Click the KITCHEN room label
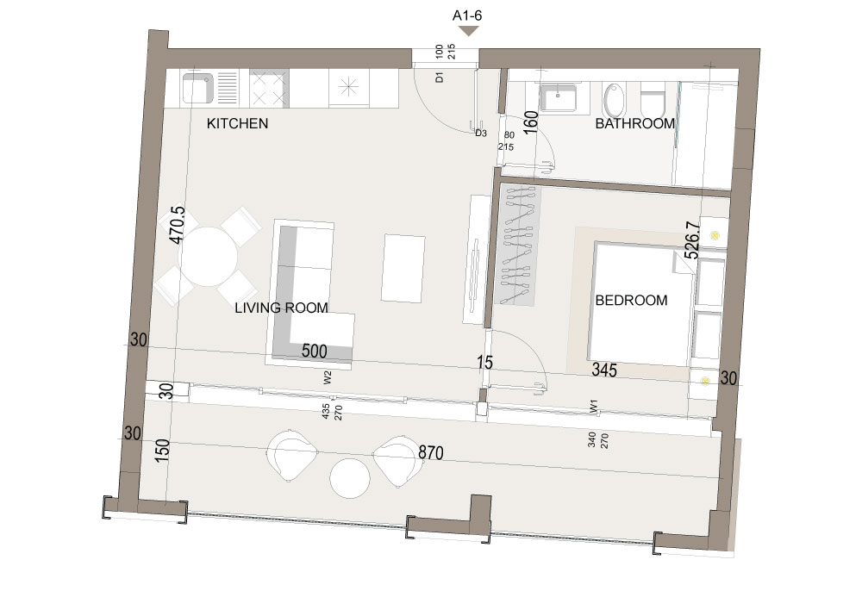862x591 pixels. [238, 123]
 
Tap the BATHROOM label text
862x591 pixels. [635, 123]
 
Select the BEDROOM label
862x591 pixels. [631, 301]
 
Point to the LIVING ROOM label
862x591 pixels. [282, 308]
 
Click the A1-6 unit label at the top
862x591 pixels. [467, 16]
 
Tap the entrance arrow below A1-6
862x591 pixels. [468, 31]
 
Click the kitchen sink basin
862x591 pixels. [197, 89]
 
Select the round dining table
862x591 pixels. [209, 257]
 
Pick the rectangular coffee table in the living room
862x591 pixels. [404, 268]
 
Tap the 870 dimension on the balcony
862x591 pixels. [430, 452]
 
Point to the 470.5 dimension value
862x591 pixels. [177, 225]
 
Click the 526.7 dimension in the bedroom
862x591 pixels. [692, 240]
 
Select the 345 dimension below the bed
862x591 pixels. [604, 370]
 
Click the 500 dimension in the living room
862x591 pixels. [315, 351]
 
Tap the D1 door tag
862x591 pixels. [440, 78]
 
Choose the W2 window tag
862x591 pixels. [328, 377]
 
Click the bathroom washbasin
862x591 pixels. [558, 98]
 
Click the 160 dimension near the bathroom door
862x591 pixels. [530, 122]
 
